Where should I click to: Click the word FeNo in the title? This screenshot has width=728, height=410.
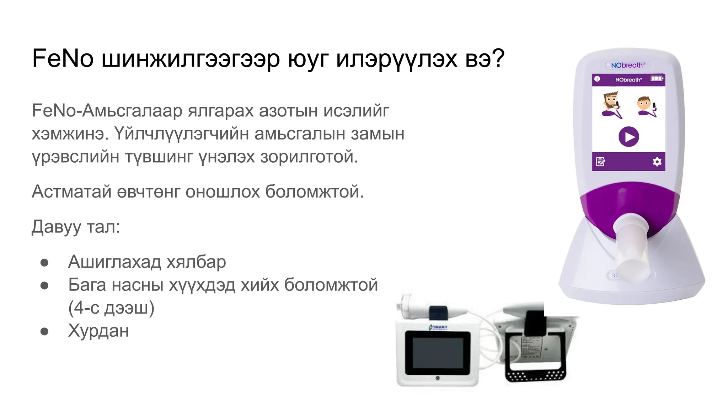(63, 58)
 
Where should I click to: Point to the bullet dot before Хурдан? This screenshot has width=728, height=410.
(44, 332)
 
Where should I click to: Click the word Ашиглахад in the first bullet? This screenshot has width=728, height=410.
(114, 262)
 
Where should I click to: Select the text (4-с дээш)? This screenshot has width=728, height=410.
(111, 308)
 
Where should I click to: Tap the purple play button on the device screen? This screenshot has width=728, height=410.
(628, 137)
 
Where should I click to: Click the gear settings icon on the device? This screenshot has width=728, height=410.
(657, 162)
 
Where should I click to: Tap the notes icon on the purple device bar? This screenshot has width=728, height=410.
(600, 162)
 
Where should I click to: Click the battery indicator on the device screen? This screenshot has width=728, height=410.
(657, 79)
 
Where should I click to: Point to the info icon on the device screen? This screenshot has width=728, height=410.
(597, 79)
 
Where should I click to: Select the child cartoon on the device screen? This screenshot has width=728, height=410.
(646, 106)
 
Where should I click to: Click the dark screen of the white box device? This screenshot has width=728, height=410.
(438, 353)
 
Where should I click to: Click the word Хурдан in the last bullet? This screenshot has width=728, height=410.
(98, 331)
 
